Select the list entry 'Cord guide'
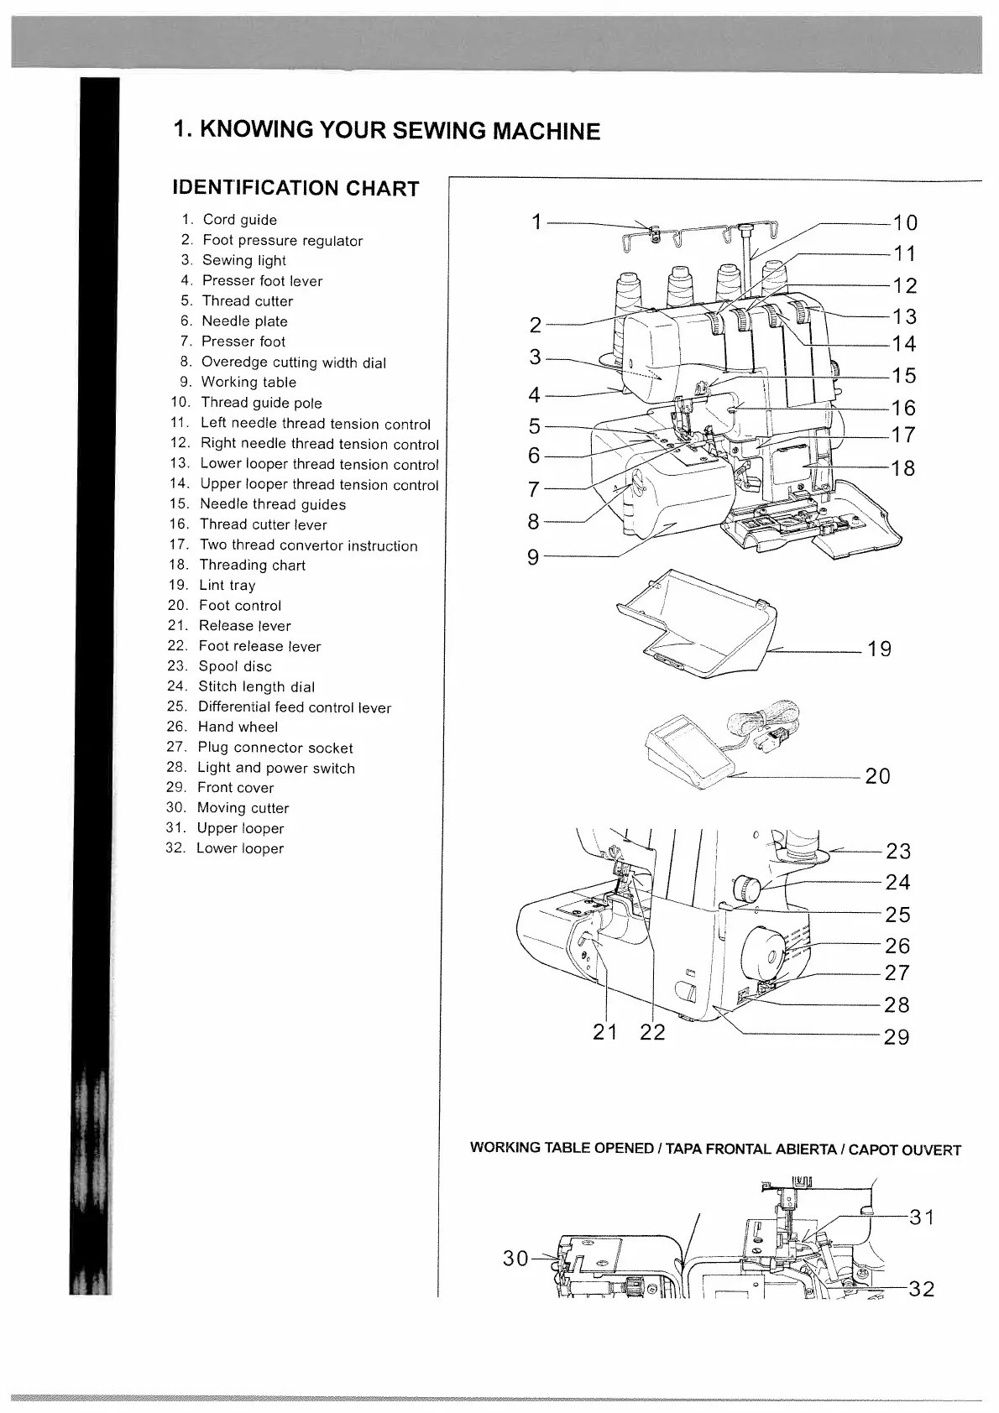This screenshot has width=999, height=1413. click(x=239, y=220)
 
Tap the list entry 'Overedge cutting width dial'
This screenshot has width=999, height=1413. click(x=293, y=362)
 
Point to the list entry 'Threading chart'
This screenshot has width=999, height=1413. click(x=252, y=565)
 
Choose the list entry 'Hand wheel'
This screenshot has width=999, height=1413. click(x=238, y=727)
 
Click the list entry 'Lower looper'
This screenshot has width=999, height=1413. click(x=240, y=848)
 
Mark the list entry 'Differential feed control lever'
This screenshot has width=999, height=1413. click(x=294, y=706)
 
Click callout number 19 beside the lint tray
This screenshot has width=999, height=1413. click(x=879, y=649)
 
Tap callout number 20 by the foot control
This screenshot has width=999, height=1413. click(x=877, y=776)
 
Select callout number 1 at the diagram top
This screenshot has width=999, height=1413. click(x=536, y=222)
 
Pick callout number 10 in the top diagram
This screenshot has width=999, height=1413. click(x=905, y=223)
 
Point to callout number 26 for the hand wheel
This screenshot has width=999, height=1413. click(x=897, y=946)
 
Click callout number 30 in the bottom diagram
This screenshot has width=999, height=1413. click(x=515, y=1258)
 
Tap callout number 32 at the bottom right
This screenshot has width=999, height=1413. click(x=921, y=1289)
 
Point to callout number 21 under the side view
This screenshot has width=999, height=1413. click(x=604, y=1032)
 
